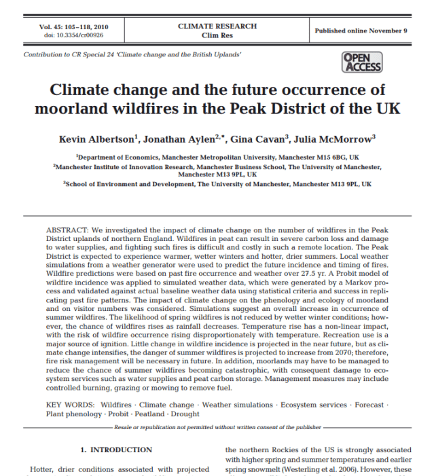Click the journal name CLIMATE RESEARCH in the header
pyautogui.click(x=217, y=26)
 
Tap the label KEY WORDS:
pyautogui.click(x=69, y=405)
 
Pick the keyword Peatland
pyautogui.click(x=147, y=414)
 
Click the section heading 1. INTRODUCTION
pyautogui.click(x=116, y=450)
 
